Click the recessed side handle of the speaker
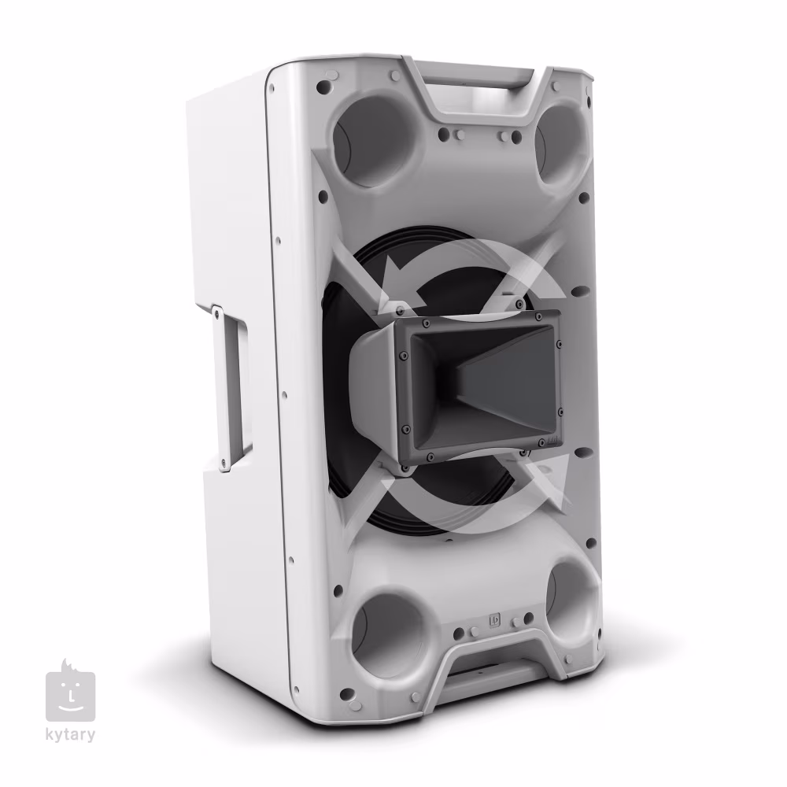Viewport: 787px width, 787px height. [232, 386]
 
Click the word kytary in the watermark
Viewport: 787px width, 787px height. [70, 735]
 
